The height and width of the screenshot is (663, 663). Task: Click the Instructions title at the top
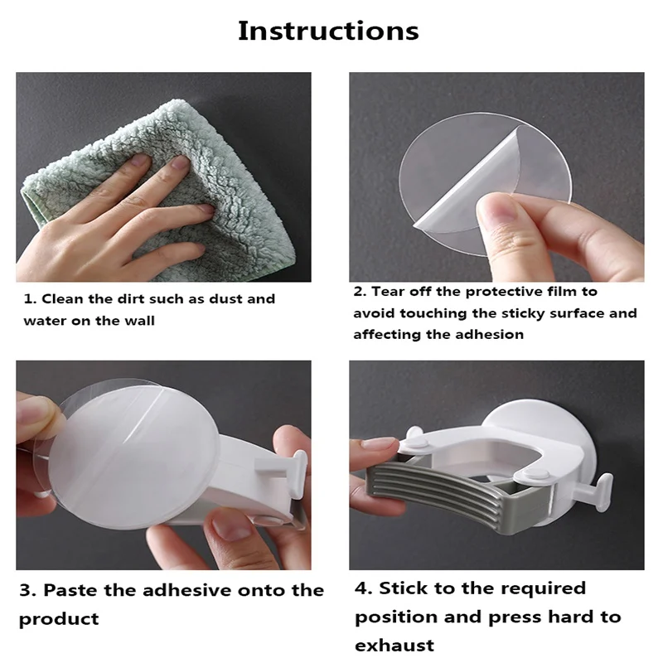328,31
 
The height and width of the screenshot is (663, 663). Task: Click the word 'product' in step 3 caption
59,620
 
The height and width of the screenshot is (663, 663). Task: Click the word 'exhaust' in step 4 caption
394,646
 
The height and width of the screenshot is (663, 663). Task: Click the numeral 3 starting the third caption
26,590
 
